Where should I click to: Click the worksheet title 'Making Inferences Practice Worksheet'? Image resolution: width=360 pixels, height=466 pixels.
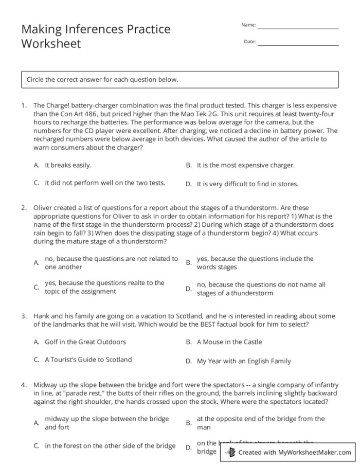[x=96, y=36]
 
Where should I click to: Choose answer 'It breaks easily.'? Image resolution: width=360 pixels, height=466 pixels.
[x=68, y=165]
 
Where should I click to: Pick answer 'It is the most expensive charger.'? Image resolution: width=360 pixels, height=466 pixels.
[x=246, y=165]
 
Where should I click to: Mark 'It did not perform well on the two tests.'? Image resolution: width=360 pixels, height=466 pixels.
[x=105, y=183]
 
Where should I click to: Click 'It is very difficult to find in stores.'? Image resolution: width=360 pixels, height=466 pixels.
[x=247, y=184]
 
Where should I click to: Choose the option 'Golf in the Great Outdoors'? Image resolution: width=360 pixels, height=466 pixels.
[x=85, y=342]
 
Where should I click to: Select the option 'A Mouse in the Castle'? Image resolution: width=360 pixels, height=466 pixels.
[x=229, y=342]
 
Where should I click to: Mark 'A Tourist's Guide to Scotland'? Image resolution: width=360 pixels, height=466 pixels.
[x=88, y=360]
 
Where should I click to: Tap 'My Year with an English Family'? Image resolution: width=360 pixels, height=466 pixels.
[x=244, y=361]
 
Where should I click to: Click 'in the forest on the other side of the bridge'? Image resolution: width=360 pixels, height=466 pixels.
[x=110, y=446]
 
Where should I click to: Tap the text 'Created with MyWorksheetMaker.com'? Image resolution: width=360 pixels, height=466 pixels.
[x=294, y=453]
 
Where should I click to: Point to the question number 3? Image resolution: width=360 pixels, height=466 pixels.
[x=24, y=316]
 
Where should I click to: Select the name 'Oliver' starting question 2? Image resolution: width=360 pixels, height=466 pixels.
[x=43, y=208]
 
